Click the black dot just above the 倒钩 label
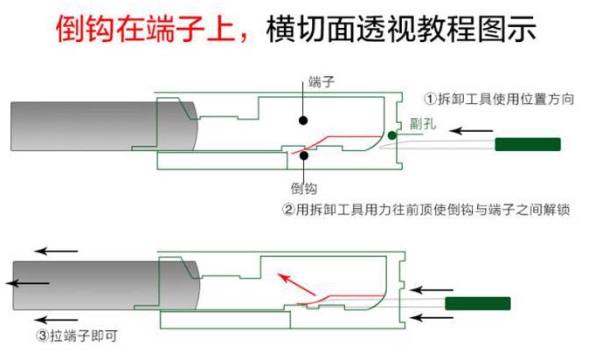coord(303,156)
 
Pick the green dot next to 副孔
coord(392,135)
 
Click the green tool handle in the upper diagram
coord(528,144)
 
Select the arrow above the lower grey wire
coord(56,252)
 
